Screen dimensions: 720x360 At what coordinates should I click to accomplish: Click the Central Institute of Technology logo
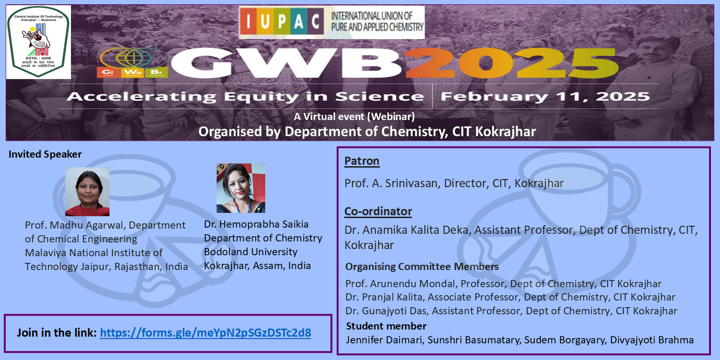pyautogui.click(x=39, y=42)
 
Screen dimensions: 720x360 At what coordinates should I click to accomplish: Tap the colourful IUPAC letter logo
pyautogui.click(x=282, y=21)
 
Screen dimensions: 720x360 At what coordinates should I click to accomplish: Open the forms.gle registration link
pyautogui.click(x=205, y=333)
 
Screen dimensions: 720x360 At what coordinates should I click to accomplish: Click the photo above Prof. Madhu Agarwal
pyautogui.click(x=87, y=191)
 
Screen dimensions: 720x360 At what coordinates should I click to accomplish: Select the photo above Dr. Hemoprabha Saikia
pyautogui.click(x=241, y=188)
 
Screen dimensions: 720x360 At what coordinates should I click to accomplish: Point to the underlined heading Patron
pyautogui.click(x=361, y=161)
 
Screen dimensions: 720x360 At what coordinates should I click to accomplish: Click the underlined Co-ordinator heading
pyautogui.click(x=378, y=211)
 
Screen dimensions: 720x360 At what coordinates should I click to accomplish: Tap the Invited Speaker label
pyautogui.click(x=45, y=154)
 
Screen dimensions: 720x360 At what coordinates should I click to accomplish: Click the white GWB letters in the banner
pyautogui.click(x=286, y=63)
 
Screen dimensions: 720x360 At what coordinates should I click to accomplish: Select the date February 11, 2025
pyautogui.click(x=545, y=96)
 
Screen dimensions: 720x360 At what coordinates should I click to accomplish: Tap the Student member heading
pyautogui.click(x=386, y=326)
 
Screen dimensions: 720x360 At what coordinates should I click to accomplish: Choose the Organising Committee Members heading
pyautogui.click(x=422, y=267)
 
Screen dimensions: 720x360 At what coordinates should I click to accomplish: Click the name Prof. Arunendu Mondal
pyautogui.click(x=400, y=284)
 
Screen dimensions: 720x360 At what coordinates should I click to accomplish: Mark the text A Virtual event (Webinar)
pyautogui.click(x=354, y=116)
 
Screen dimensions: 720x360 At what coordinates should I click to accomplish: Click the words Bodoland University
pyautogui.click(x=250, y=252)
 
